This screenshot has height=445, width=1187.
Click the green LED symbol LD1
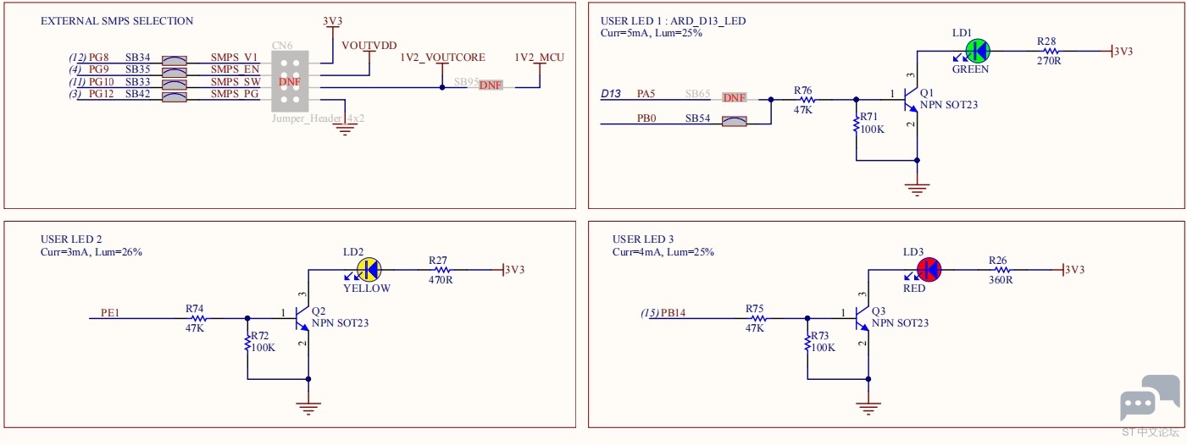977,52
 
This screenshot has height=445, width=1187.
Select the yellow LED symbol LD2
369,270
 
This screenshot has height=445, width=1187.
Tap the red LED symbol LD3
929,270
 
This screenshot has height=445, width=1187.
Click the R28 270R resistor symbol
1051,52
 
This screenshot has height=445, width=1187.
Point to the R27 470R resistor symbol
441,270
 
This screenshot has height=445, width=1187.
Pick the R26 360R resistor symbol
1001,270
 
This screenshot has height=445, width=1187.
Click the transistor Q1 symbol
911,99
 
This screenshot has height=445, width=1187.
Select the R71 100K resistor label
872,123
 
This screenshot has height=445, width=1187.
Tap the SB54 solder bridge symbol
735,121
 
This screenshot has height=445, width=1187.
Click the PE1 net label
110,313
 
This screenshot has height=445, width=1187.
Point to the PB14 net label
673,313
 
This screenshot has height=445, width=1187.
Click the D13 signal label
611,94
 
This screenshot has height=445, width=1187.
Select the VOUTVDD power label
369,46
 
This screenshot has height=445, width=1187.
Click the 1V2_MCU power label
539,58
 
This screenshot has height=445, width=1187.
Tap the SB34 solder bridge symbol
175,60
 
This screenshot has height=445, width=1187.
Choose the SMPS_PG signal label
235,94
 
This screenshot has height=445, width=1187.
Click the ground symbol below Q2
308,408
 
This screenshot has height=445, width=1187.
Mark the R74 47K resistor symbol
198,318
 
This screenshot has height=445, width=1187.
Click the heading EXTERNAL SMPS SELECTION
117,21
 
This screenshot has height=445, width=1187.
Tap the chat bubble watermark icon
1149,398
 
